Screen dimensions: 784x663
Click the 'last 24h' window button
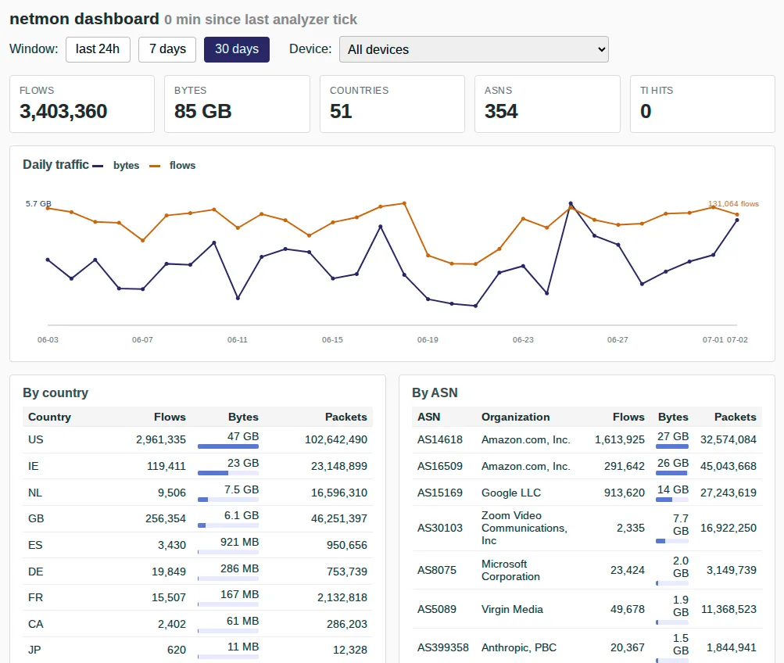point(98,49)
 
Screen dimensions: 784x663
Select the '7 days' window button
point(167,49)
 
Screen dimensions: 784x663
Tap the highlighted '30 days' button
point(237,49)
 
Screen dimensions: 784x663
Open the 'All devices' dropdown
point(474,49)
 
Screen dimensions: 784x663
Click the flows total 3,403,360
point(63,111)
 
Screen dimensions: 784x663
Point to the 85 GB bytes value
point(203,111)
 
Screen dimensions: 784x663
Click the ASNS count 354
point(501,111)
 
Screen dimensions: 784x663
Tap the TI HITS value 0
point(646,111)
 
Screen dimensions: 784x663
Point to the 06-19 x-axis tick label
point(428,340)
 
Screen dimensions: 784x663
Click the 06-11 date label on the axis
point(238,340)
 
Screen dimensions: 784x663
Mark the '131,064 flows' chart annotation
point(733,204)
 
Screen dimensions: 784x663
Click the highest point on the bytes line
point(571,203)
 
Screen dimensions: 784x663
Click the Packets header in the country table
point(346,417)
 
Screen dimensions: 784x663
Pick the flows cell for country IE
point(166,466)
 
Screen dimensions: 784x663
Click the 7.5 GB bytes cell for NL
point(242,489)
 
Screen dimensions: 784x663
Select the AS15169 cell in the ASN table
point(440,493)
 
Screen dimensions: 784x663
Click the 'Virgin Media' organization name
point(512,609)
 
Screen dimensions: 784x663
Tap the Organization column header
point(515,417)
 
